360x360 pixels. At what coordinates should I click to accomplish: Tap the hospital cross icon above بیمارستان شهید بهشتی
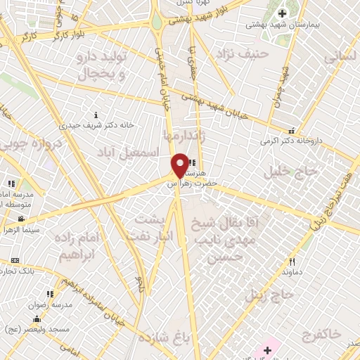coord(283,13)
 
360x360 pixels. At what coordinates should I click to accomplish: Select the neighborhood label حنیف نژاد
coord(243,53)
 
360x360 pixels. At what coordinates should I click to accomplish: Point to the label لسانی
coord(340,60)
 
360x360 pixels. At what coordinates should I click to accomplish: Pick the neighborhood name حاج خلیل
coord(281,170)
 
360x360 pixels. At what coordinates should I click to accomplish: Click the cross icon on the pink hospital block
coord(267,349)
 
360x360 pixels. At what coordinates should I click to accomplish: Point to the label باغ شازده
coord(165,337)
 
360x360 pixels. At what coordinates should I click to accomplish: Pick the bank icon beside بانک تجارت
coord(15,260)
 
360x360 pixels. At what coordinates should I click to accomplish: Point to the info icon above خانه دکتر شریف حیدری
coord(97,115)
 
